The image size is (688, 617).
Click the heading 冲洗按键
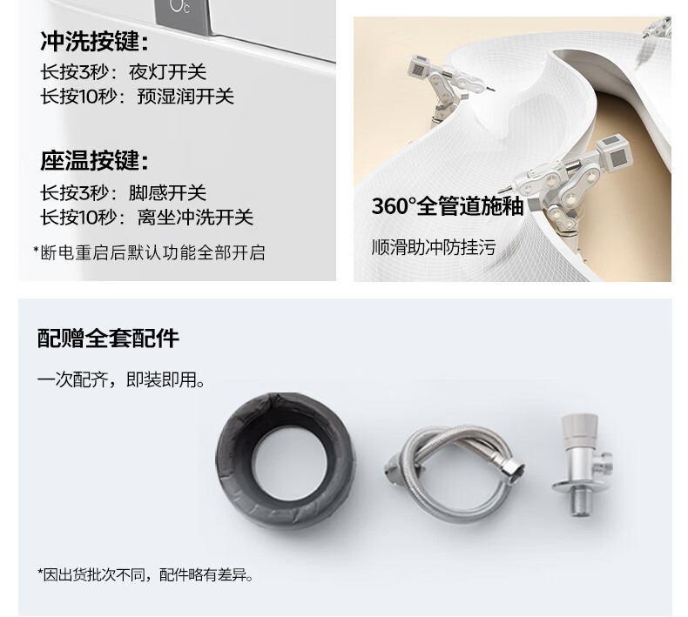(x=95, y=42)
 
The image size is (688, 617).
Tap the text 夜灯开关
(x=167, y=72)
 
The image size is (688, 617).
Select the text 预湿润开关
(x=185, y=97)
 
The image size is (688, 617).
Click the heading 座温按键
(x=95, y=160)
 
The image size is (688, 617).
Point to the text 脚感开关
(x=167, y=193)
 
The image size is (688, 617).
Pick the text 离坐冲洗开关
(x=195, y=217)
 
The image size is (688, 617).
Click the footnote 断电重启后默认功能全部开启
(x=149, y=252)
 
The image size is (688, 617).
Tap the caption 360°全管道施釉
(x=448, y=205)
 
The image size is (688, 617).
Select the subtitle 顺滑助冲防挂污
(x=434, y=247)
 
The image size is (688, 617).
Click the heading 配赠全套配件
(x=108, y=339)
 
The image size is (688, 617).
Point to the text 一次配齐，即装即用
(x=121, y=379)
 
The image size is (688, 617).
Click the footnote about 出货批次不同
(x=145, y=574)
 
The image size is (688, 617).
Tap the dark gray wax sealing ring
(x=233, y=460)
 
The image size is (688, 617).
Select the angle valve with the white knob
(x=580, y=465)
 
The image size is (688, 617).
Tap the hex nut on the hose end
(x=515, y=472)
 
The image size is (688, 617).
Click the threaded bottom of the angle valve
(x=582, y=504)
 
